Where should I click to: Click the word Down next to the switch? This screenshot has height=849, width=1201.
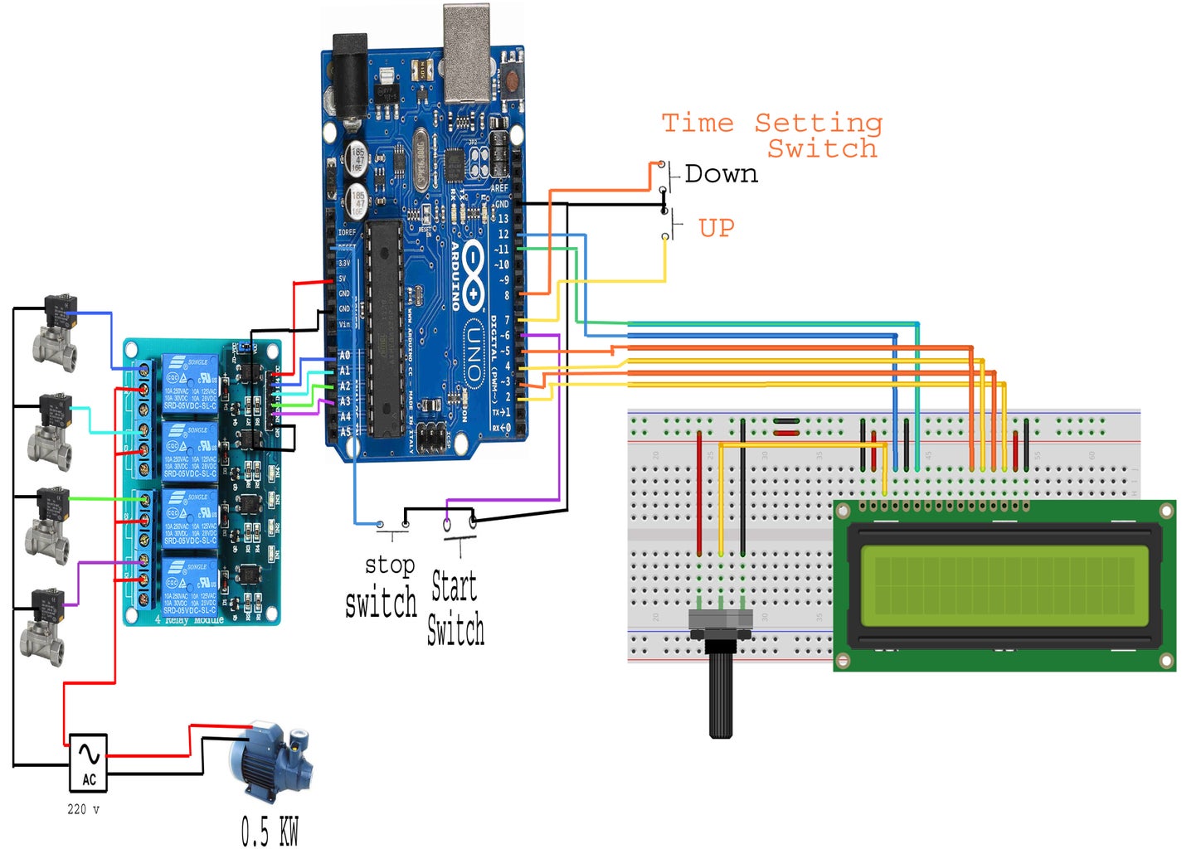[721, 174]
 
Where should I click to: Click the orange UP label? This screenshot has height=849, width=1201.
[716, 227]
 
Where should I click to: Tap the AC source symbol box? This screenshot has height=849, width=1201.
[88, 762]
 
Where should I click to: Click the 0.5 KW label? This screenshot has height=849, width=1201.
[270, 830]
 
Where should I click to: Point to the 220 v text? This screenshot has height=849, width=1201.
[83, 809]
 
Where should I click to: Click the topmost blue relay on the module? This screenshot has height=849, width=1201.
[190, 382]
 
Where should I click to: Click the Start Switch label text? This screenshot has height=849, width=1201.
[455, 608]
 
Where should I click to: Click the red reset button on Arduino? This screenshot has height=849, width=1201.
[511, 80]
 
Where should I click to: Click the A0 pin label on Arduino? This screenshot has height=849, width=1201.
[344, 355]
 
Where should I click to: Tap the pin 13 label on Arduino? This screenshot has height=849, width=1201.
[503, 219]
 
